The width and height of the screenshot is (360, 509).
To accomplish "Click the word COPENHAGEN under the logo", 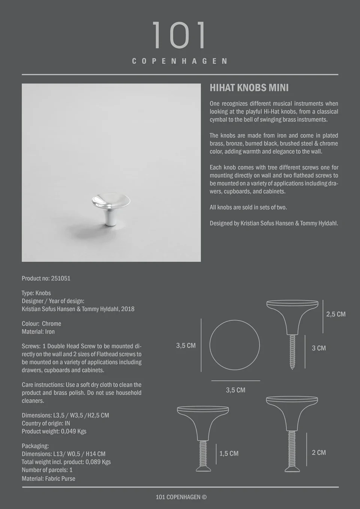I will click(180, 61).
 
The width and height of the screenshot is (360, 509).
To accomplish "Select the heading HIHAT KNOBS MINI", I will click(249, 88).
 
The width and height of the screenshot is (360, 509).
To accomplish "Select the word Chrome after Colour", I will click(51, 324).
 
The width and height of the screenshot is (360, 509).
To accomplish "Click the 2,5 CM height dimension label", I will click(336, 314).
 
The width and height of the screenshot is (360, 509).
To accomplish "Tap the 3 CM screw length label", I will click(319, 348).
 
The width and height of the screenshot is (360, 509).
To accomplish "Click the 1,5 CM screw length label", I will click(229, 454).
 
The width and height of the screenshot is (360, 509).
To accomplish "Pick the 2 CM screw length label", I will click(319, 453).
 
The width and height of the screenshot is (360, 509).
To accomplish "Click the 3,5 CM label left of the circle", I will click(186, 346).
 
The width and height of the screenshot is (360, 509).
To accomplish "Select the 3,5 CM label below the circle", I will click(235, 390).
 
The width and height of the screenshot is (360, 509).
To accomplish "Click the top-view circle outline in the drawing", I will click(234, 345).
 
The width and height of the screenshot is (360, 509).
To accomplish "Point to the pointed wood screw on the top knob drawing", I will click(292, 352).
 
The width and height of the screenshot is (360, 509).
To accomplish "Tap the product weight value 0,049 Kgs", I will click(73, 431).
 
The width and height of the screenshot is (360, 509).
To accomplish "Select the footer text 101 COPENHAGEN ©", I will click(181, 497).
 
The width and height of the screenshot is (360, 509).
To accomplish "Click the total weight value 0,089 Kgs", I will click(98, 462).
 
